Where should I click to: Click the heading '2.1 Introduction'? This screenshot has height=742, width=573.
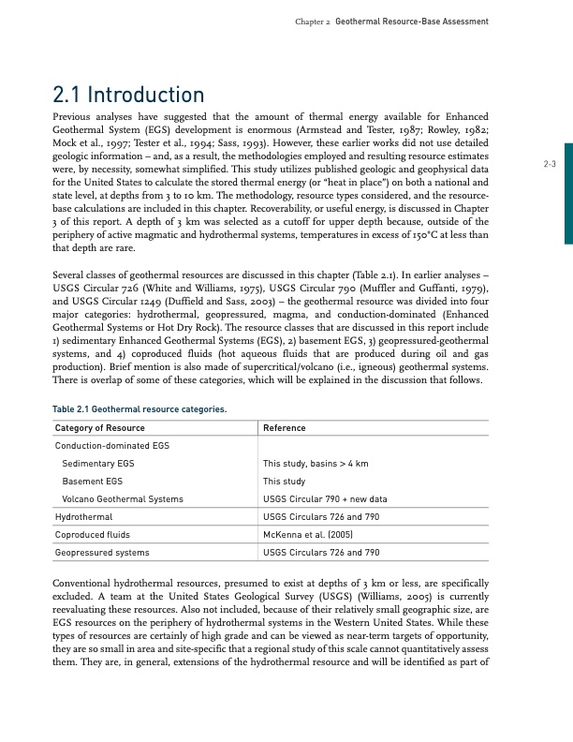pos(130,96)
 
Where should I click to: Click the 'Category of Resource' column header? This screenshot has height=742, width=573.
pos(100,428)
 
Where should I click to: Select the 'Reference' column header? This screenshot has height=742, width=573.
pos(285,428)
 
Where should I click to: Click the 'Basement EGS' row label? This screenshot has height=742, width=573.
pos(91,481)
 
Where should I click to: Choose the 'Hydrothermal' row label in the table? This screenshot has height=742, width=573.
pos(84,516)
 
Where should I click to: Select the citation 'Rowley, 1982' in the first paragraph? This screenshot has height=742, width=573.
pos(460,129)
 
